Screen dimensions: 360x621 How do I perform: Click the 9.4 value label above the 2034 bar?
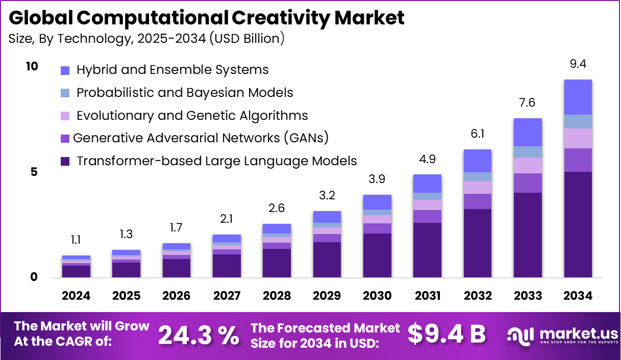point(578,64)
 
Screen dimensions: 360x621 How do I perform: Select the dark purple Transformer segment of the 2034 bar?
point(578,224)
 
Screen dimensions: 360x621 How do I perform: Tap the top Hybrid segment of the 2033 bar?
point(528,132)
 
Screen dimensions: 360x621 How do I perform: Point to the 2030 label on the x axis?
point(377,296)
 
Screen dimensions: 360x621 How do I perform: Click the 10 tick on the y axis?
point(32,66)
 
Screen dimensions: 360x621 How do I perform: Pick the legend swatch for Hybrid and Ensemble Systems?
point(65,70)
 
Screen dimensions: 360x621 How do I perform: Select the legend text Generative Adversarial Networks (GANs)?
point(201,138)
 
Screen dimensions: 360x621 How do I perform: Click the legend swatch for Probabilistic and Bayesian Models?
point(65,93)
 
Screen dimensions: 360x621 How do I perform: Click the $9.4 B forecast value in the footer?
point(446,334)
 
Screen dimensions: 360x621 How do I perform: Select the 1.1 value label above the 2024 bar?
point(76,240)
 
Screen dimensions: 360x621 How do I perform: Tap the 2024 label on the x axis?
point(76,296)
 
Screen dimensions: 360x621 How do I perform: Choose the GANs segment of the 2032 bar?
point(477,201)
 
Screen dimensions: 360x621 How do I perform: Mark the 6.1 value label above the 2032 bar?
point(477,134)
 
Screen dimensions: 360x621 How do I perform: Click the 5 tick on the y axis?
point(33,172)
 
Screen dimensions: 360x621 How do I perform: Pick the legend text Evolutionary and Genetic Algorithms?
point(192,115)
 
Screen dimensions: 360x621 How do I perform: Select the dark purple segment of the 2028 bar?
point(277,263)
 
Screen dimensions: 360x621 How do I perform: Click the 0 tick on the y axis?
point(33,277)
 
